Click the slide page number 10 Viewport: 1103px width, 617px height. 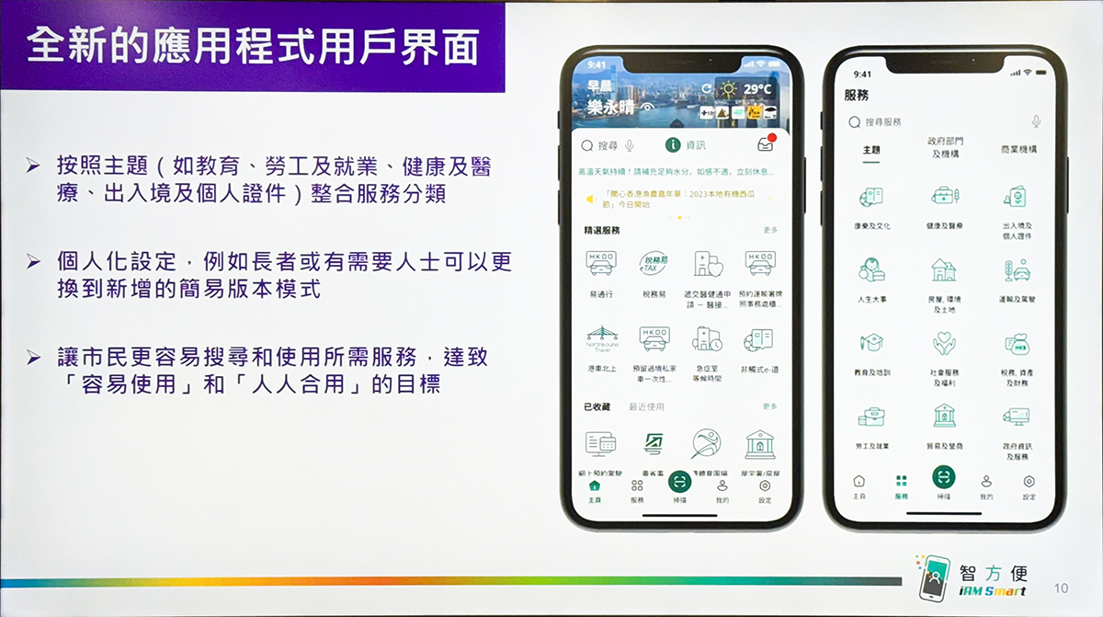1062,588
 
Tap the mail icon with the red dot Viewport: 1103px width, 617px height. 765,144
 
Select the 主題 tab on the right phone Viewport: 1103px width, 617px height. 871,149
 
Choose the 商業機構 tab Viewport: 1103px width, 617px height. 1018,149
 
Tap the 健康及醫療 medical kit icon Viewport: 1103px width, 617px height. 944,196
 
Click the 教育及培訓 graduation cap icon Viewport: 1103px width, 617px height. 870,343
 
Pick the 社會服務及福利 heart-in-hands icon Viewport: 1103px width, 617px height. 944,343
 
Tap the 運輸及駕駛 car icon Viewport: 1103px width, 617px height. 1018,269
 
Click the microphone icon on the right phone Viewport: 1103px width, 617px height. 1036,121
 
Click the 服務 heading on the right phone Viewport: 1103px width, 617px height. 856,95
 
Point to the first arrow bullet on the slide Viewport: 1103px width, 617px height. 33,166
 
